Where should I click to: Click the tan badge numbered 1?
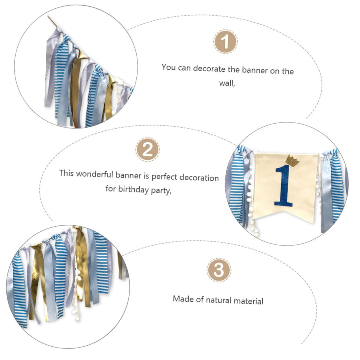pos(225,42)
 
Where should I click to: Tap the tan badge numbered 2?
pos(148,150)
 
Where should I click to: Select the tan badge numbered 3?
pos(219,270)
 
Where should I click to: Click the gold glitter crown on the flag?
pos(292,161)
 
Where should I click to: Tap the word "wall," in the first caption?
pos(227,83)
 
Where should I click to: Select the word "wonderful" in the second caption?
pos(94,174)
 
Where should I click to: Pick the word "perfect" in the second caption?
pos(164,177)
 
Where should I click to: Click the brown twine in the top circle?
pos(53,22)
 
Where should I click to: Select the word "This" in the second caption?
pos(66,173)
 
